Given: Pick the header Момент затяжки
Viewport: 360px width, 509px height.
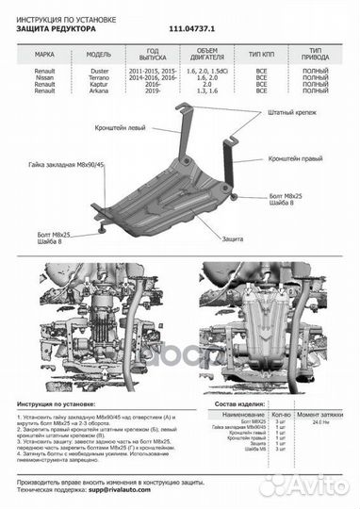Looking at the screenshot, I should coord(318,413).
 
